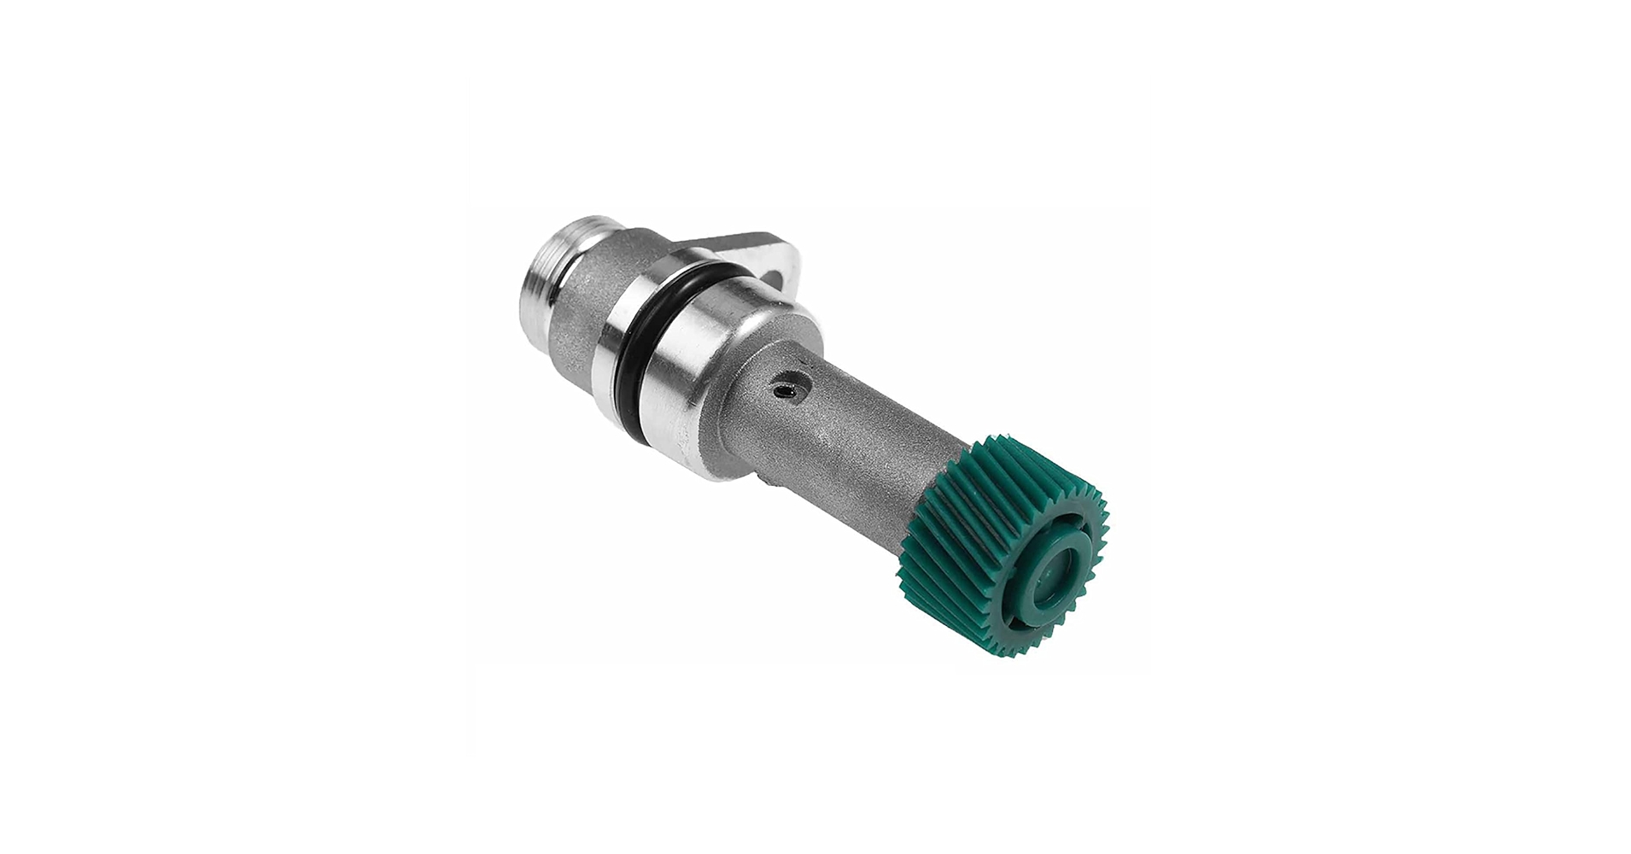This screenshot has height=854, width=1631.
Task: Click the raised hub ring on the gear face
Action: tap(1038, 580)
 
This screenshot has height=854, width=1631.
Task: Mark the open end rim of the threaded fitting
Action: tap(524, 283)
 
